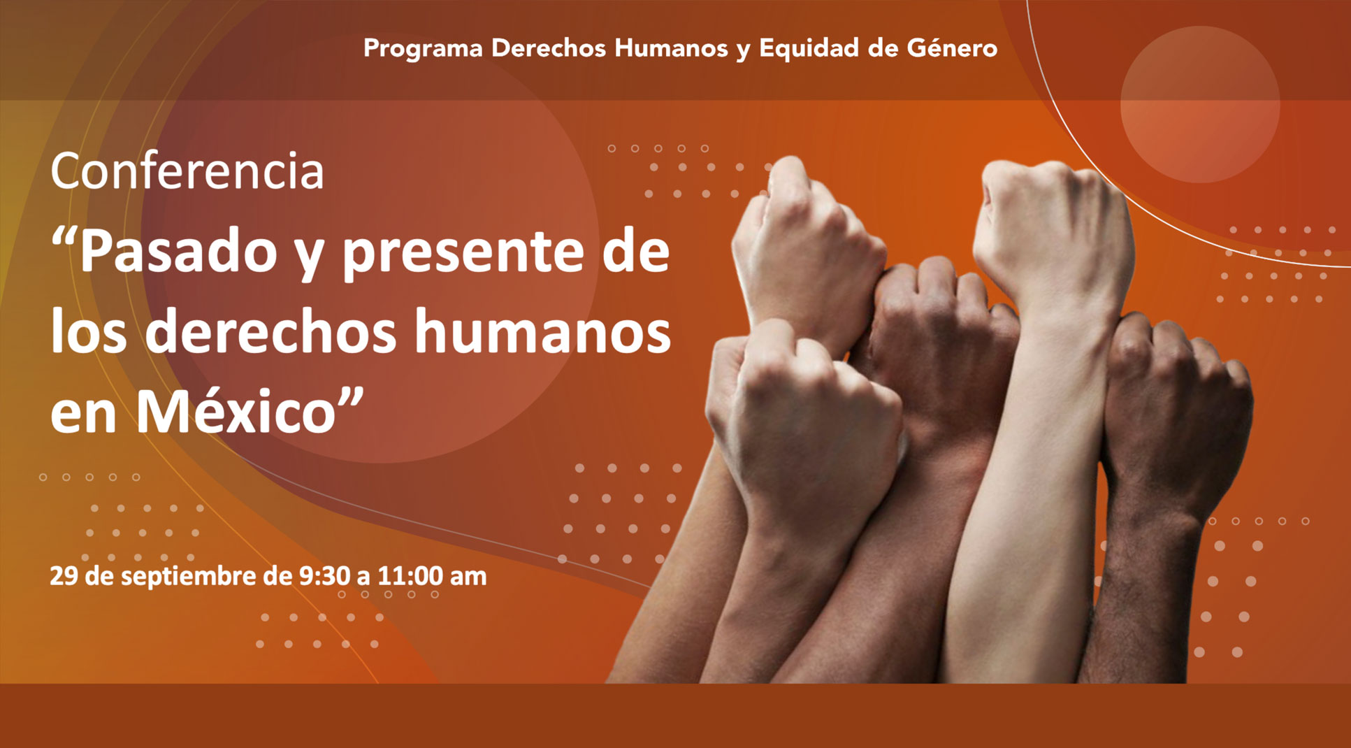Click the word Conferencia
(x=187, y=171)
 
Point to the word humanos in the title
(x=543, y=332)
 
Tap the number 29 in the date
(x=64, y=576)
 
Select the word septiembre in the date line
(x=183, y=577)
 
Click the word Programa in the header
(x=423, y=49)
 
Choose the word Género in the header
(x=952, y=48)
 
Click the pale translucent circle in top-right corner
(x=1200, y=105)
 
